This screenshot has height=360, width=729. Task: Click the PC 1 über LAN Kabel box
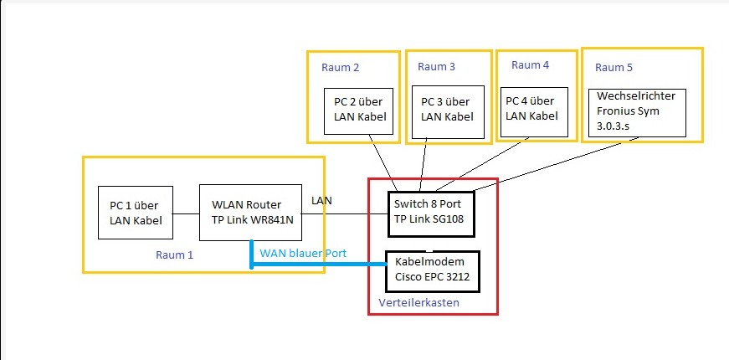135,213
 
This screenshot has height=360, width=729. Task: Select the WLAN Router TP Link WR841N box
250,213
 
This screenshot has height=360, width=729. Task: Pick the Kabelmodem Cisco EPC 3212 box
432,270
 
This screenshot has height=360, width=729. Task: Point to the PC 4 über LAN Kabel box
531,110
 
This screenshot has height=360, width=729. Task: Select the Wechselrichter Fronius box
637,113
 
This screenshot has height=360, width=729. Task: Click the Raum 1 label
174,255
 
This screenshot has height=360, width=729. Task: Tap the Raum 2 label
340,67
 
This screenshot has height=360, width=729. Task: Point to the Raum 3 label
436,67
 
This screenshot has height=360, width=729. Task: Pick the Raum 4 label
530,65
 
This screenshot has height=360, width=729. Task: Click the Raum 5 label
614,67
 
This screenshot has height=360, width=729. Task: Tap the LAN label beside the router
321,201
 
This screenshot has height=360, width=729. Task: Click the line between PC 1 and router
186,213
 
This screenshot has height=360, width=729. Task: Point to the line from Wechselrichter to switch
552,163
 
